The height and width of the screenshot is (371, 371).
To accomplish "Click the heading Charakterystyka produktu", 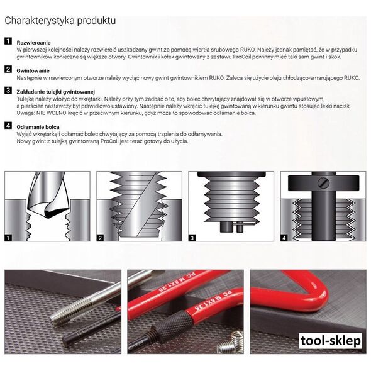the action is click(x=60, y=21).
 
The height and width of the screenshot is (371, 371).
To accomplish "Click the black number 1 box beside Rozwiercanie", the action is click(x=8, y=41).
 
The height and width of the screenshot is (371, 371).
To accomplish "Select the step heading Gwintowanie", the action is click(x=33, y=71).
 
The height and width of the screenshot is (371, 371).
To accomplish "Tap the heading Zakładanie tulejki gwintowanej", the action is click(x=55, y=92).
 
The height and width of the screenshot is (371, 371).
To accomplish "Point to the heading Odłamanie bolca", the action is click(x=38, y=127).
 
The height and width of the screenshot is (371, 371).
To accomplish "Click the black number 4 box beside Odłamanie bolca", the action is click(x=8, y=125).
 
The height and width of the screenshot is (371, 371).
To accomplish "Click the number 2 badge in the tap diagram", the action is click(x=100, y=238).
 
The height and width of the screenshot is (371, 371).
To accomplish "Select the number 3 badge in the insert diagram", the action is click(x=192, y=238).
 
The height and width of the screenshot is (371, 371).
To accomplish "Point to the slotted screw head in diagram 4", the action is click(x=323, y=183).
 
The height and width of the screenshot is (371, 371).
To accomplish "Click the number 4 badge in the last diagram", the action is click(x=284, y=238).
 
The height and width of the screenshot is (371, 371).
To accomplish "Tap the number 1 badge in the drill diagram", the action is click(x=8, y=238).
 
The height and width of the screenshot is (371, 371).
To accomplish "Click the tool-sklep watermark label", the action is click(x=330, y=341).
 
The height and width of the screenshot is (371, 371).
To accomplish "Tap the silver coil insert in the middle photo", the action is click(x=231, y=343).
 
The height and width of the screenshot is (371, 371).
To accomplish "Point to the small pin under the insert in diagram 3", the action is click(x=240, y=228).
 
